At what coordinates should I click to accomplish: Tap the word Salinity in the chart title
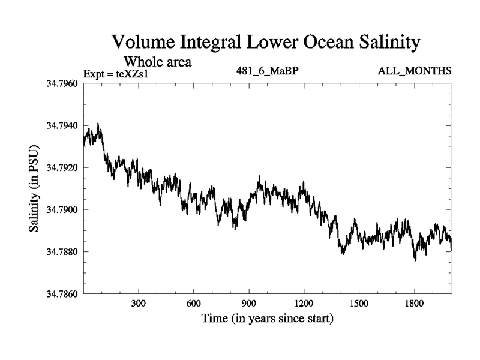click(383, 43)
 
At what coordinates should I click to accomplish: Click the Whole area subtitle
click(158, 61)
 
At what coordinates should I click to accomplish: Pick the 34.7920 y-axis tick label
click(62, 167)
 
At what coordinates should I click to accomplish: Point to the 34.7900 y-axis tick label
click(62, 209)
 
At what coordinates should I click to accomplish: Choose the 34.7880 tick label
click(62, 251)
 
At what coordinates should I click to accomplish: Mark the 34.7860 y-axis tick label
click(62, 294)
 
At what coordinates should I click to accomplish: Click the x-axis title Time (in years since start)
click(267, 318)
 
